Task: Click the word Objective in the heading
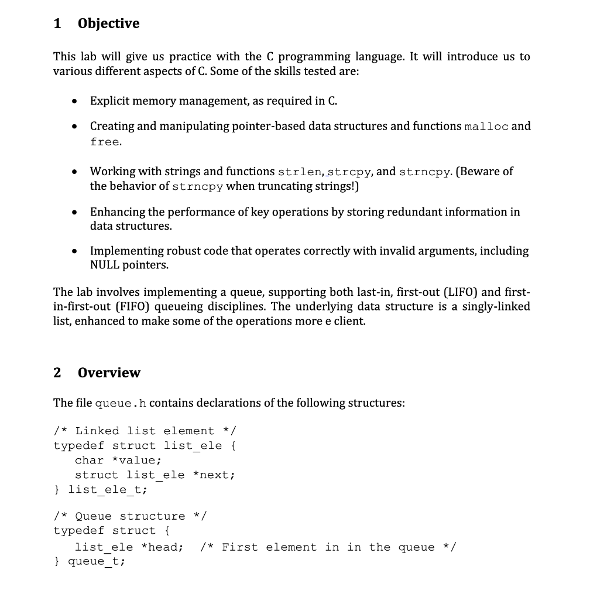(108, 23)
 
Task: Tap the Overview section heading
(109, 373)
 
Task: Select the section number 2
(57, 373)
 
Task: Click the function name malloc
(486, 127)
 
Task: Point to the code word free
(105, 142)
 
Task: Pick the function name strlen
(299, 172)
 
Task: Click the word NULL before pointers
(104, 265)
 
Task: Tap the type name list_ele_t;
(108, 489)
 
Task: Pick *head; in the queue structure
(163, 547)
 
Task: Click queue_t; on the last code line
(97, 562)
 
